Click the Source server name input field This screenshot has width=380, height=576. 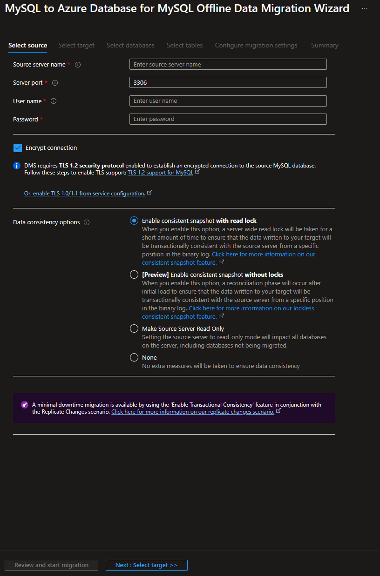(x=228, y=64)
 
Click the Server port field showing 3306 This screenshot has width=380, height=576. (x=228, y=82)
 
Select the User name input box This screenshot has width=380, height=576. (x=228, y=101)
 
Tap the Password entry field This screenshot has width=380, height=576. (x=228, y=119)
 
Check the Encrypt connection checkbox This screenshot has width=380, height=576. (x=18, y=148)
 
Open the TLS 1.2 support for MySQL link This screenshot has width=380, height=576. (x=160, y=173)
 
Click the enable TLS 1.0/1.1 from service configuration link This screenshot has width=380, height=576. (x=85, y=194)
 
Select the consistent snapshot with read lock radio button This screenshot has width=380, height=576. (x=134, y=221)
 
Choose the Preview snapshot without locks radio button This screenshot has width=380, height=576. (x=134, y=275)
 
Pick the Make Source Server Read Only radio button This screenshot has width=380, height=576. (x=134, y=328)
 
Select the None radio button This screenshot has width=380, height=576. (x=134, y=357)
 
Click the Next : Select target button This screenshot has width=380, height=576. (x=146, y=565)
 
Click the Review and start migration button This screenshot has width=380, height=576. (x=51, y=565)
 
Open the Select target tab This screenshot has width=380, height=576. (x=76, y=46)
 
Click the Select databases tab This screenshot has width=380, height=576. (x=130, y=46)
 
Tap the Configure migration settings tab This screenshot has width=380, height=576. (x=256, y=46)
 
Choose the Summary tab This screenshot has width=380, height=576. (x=325, y=46)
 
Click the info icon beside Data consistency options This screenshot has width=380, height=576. (x=87, y=222)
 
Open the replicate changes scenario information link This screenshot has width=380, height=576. (x=193, y=412)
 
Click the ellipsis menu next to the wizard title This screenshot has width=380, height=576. (x=365, y=8)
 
